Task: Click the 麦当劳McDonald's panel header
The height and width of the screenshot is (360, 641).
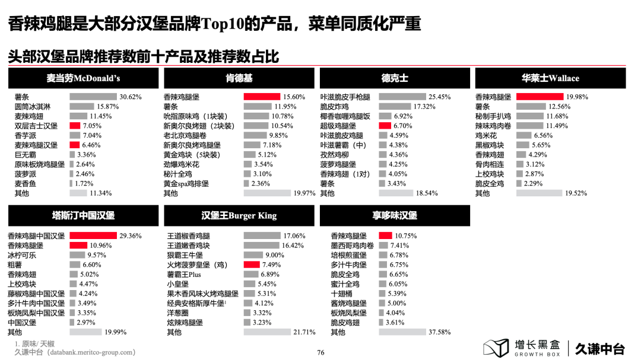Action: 83,78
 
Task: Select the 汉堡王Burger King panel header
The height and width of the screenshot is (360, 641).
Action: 239,215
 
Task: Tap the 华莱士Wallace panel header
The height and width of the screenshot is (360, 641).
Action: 550,78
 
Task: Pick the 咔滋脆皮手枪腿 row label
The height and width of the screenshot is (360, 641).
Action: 345,97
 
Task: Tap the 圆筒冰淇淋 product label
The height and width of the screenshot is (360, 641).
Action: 33,107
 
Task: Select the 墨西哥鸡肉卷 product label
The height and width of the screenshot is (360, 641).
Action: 353,246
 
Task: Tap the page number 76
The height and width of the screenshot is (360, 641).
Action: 320,352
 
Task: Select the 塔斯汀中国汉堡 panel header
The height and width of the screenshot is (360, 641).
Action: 83,215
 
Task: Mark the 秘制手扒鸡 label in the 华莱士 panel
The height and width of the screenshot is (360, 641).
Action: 493,116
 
